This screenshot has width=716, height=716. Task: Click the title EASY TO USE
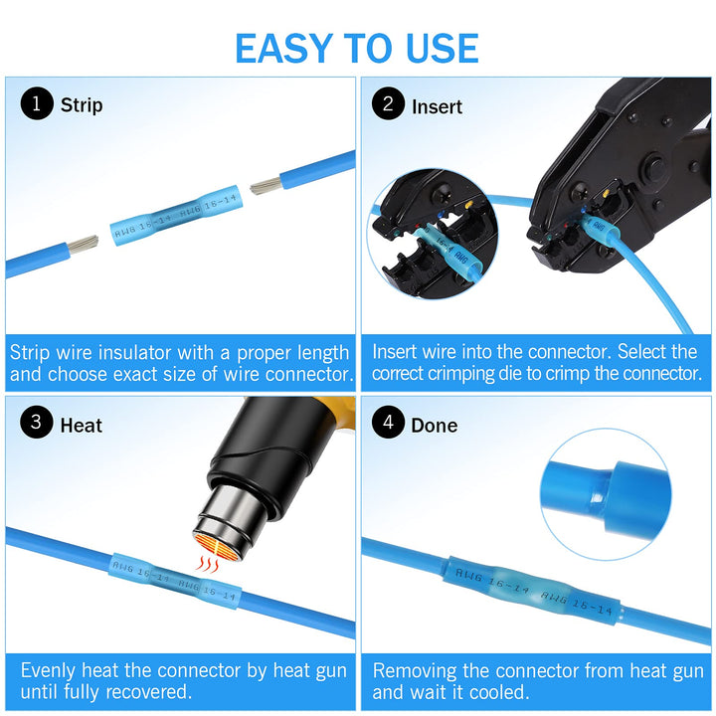tap(357, 48)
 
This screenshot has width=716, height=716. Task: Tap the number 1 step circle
tap(37, 104)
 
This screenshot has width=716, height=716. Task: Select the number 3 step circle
tap(37, 424)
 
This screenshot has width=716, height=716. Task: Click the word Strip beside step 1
tap(82, 105)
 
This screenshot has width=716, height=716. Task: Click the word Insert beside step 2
tap(437, 106)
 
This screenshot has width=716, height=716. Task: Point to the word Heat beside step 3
tap(82, 426)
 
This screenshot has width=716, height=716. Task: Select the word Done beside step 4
tap(435, 426)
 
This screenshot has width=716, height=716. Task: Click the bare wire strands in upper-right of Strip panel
tap(266, 185)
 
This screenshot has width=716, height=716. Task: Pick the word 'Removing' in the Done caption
tap(416, 670)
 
